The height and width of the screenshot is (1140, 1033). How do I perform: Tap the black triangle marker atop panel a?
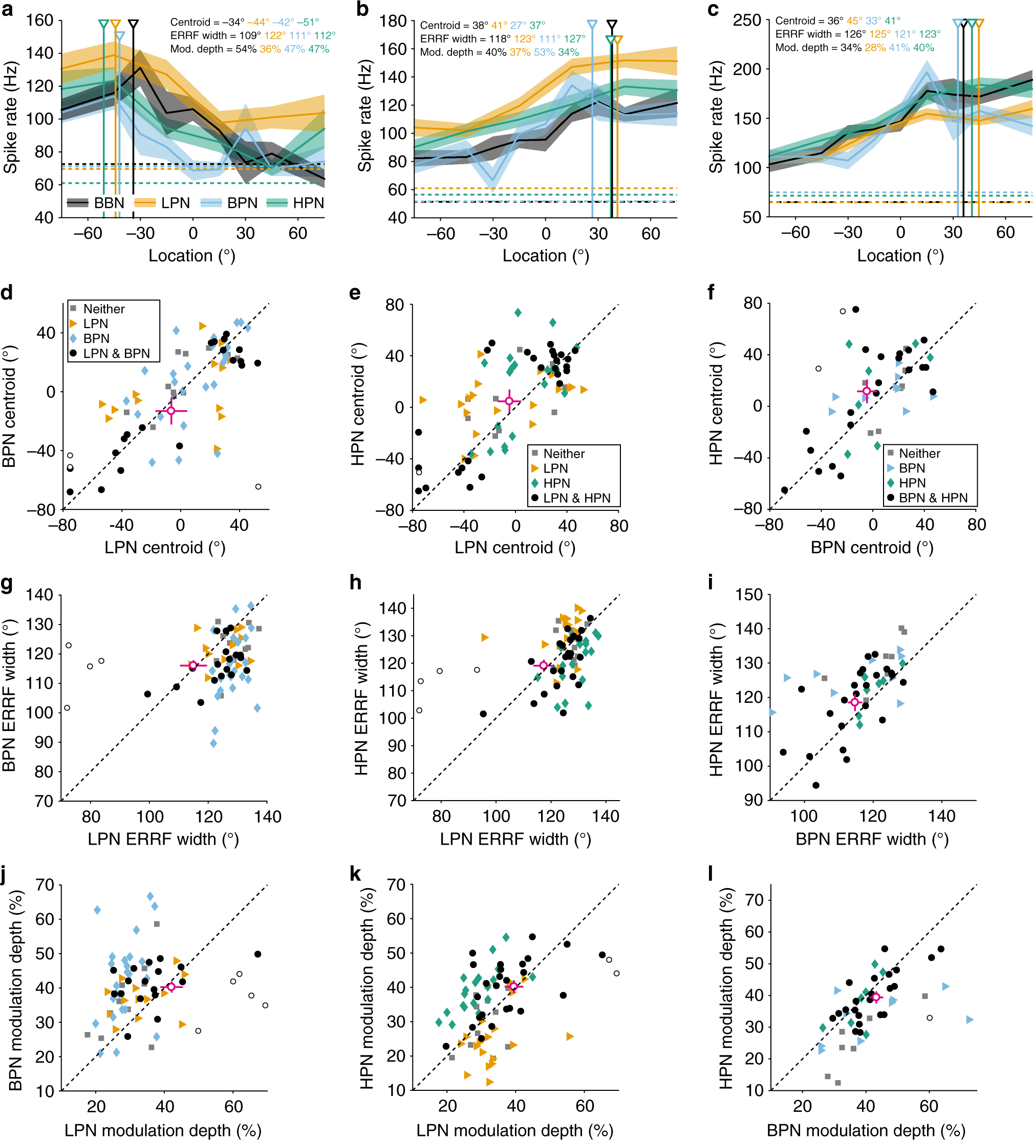coord(133,25)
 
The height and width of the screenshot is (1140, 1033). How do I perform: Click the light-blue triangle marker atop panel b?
coord(592,25)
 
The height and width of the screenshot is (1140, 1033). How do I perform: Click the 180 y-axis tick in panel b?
coord(394,21)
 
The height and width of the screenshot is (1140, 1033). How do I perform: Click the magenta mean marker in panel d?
coord(171,411)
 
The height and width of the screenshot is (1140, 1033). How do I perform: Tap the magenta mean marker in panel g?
coord(193,665)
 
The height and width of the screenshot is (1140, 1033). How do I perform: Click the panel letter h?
coord(356,583)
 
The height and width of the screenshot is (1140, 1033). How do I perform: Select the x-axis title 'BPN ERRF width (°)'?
coord(872,839)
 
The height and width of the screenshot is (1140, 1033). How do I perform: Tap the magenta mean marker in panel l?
coord(876,997)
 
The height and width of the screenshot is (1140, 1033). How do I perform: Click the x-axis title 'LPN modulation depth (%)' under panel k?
coord(514,1130)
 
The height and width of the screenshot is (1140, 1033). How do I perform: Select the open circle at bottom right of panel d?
coord(259,487)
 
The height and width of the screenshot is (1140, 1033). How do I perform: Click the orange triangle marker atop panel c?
coord(979,23)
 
